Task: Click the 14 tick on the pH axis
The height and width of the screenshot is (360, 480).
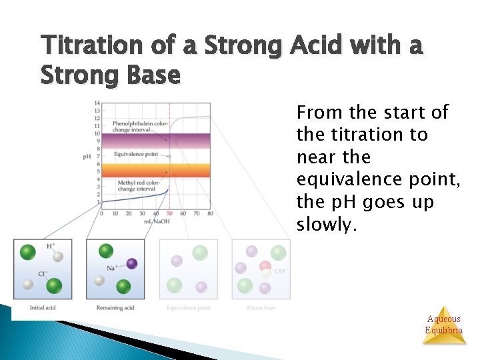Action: [x=97, y=103]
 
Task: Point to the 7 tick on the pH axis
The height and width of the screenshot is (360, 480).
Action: [x=97, y=156]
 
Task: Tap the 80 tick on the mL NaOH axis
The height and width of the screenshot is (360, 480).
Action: [x=211, y=214]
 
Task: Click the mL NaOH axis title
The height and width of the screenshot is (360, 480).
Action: [x=157, y=221]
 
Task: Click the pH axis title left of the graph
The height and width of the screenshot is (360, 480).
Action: [x=87, y=157]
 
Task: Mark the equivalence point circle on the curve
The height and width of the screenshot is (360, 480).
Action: [x=169, y=157]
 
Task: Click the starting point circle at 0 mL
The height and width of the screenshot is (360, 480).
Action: [x=101, y=201]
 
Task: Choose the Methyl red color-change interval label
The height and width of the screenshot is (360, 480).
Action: [x=137, y=185]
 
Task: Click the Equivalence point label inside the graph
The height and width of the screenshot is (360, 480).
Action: [x=136, y=154]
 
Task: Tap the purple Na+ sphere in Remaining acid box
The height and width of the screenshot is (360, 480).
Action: [x=132, y=264]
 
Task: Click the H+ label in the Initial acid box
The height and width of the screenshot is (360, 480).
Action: [x=51, y=246]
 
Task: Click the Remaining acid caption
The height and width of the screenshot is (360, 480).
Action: [x=115, y=307]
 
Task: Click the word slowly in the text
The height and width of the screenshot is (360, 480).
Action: [x=332, y=225]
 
